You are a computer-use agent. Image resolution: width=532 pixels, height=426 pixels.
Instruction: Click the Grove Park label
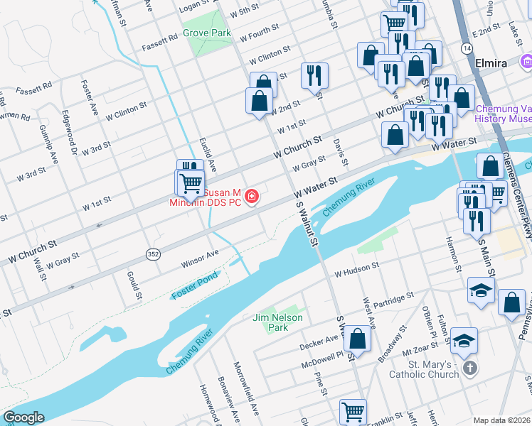206,33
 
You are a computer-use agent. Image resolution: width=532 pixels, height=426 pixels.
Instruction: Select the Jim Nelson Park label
277,322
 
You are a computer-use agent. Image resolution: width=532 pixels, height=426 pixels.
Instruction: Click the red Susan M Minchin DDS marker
251,197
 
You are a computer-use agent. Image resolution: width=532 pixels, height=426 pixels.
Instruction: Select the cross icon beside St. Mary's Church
469,368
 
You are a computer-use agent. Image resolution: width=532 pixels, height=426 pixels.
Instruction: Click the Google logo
23,417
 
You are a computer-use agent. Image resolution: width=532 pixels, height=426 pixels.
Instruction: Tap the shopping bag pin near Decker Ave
359,340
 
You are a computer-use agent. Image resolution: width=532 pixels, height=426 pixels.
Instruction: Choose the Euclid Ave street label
208,150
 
